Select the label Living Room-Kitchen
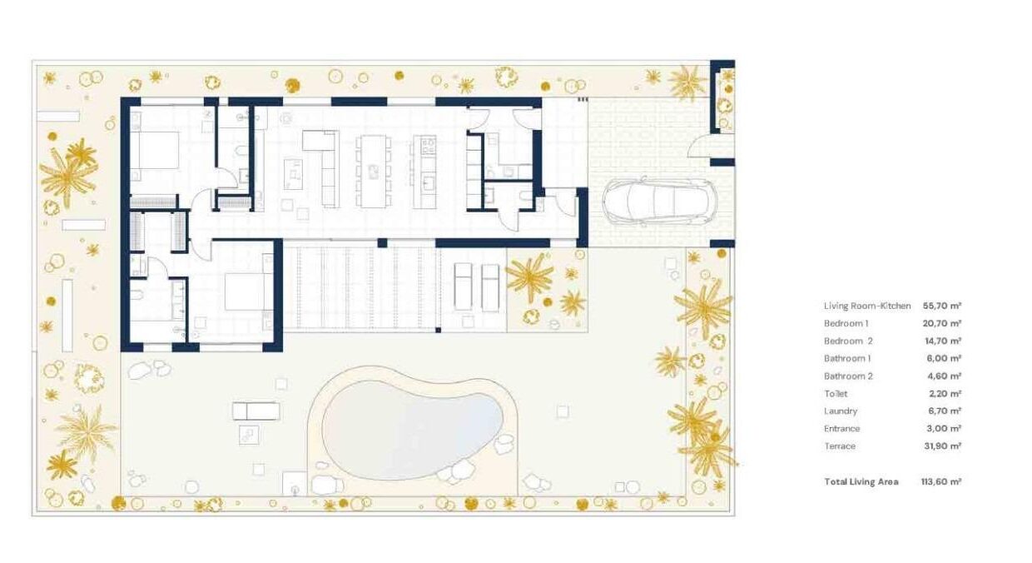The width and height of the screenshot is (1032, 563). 867,306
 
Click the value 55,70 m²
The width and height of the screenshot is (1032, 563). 942,306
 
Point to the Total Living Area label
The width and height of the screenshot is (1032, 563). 861,482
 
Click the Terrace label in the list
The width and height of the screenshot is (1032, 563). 840,446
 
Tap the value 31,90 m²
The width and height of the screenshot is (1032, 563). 942,446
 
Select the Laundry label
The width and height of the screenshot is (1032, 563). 841,411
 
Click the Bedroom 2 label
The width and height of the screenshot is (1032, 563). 848,341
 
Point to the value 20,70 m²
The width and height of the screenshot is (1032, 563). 942,324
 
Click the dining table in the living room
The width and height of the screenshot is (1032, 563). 373,171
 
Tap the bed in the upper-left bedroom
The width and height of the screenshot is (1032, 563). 154,150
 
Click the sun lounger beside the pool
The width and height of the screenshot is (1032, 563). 256,411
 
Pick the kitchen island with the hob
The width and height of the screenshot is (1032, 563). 424,171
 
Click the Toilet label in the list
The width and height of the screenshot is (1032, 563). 836,394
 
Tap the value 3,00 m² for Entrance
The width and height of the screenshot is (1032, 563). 944,429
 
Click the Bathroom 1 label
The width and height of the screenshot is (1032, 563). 847,359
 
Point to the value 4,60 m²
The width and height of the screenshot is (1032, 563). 944,376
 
